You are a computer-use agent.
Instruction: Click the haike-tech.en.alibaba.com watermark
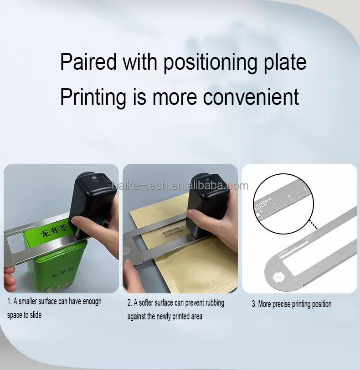(x=180, y=186)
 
